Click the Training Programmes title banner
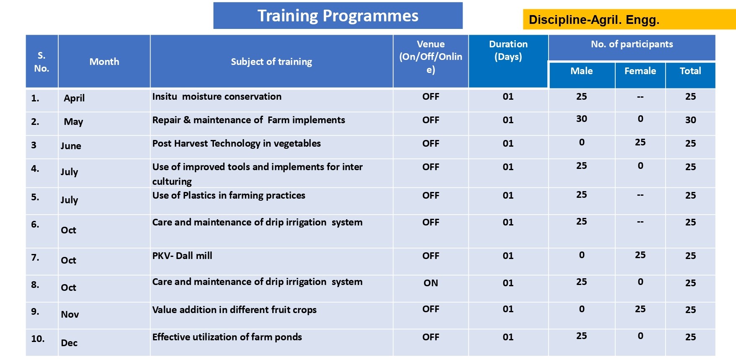[338, 16]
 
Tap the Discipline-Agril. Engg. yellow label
[629, 19]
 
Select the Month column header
[104, 62]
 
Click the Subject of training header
[271, 62]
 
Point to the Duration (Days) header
[508, 50]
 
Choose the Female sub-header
[640, 71]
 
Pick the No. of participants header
[632, 44]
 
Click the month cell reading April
[74, 98]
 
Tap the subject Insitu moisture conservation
[217, 96]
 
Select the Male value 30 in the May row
[582, 119]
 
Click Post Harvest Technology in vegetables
[237, 144]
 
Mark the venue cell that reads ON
[431, 283]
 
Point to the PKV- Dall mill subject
[182, 256]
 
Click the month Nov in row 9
[70, 314]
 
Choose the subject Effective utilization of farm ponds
[227, 337]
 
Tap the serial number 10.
[38, 339]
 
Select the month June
[71, 146]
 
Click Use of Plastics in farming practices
[229, 196]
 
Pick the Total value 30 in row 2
[691, 120]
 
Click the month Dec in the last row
[69, 343]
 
